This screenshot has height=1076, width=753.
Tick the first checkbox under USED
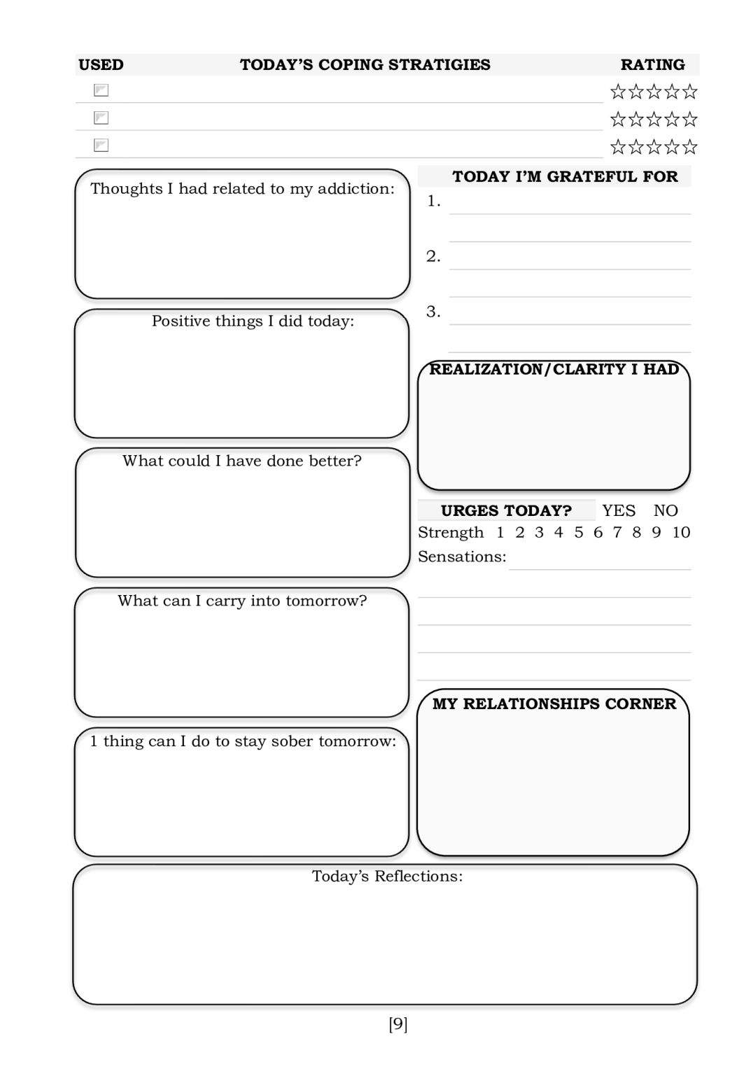(x=101, y=90)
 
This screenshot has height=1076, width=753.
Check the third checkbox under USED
(x=101, y=146)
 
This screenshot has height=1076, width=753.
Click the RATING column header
(x=652, y=65)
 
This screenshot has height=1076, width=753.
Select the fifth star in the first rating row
(x=690, y=92)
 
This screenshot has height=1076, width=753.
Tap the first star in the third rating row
(x=617, y=147)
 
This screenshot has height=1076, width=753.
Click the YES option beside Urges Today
(x=619, y=511)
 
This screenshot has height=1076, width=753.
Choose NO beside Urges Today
(x=666, y=511)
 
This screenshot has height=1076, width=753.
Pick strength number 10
(x=681, y=533)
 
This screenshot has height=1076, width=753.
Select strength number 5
(x=578, y=533)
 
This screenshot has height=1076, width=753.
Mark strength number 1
(x=500, y=533)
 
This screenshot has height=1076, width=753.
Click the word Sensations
(x=461, y=557)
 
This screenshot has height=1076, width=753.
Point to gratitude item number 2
(x=433, y=256)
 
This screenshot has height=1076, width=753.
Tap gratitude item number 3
(x=433, y=312)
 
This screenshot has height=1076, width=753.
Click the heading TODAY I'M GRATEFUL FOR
(x=565, y=176)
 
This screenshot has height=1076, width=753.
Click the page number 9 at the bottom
(x=397, y=1025)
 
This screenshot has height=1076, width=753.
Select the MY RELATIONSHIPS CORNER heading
(x=554, y=704)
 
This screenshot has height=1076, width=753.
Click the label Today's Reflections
(x=387, y=876)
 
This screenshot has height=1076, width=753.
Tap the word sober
(x=291, y=741)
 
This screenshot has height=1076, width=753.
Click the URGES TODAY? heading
(x=506, y=511)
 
